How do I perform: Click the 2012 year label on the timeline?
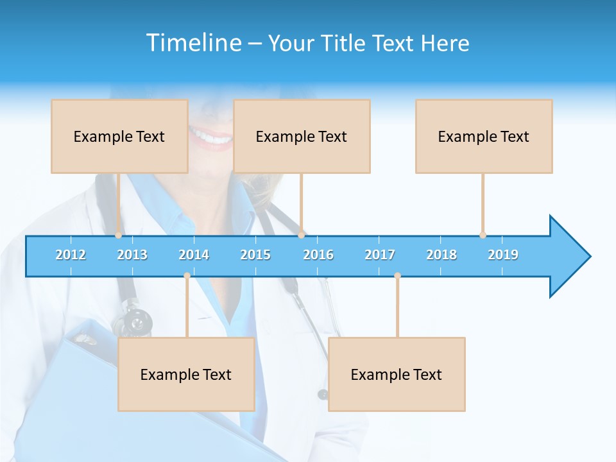coord(71,255)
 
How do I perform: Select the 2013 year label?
coord(132,255)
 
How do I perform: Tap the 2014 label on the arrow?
coord(194,255)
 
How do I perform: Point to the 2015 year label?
coord(255,255)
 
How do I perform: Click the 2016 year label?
coord(318,255)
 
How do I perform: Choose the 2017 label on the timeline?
coord(380,255)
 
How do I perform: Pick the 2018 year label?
coord(441,255)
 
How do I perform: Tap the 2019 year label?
coord(503,255)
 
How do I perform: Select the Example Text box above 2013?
coord(119,136)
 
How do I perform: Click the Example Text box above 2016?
coord(302,136)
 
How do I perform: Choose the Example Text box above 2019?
coord(484,136)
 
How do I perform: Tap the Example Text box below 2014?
coord(186,374)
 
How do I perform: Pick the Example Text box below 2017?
coord(397,374)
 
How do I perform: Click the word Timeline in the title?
coord(193,43)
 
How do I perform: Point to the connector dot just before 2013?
coord(118,235)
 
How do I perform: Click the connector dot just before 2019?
coord(483,235)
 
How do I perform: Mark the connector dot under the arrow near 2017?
coord(397,276)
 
